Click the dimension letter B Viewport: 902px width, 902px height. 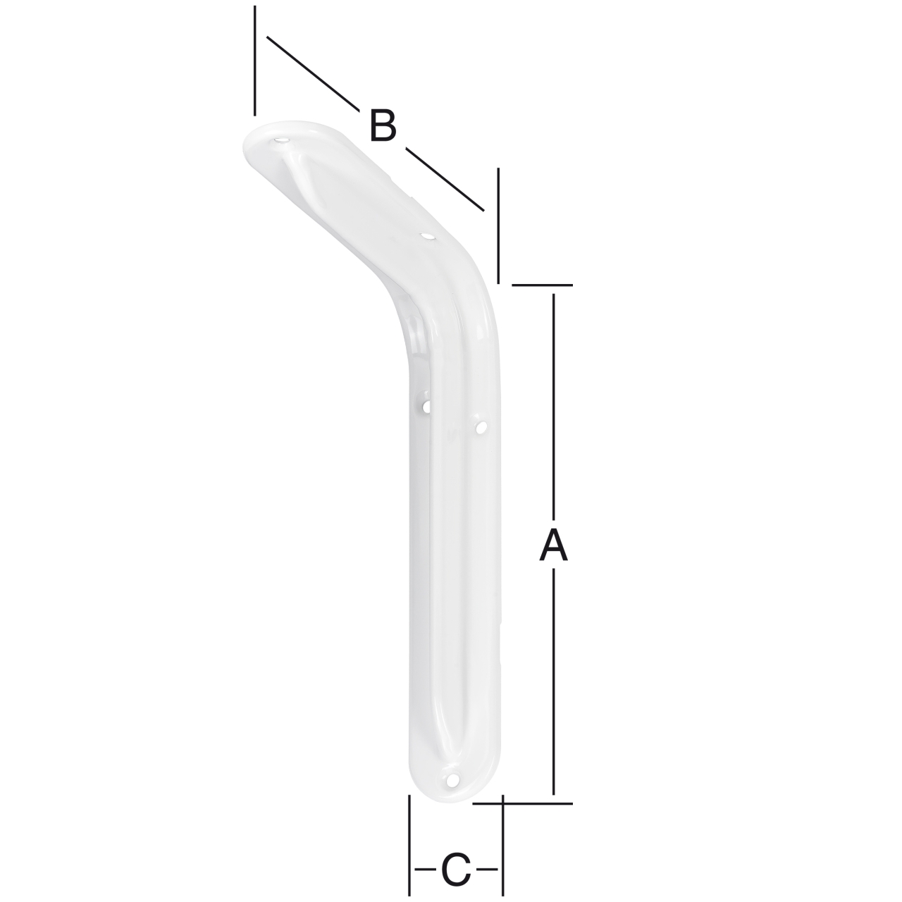click(383, 126)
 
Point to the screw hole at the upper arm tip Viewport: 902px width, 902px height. click(281, 142)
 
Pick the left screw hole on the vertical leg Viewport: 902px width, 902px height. click(427, 405)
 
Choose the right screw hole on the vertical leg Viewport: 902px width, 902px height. click(481, 427)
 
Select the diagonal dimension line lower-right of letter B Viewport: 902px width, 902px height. click(445, 179)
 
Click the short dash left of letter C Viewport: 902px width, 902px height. click(425, 870)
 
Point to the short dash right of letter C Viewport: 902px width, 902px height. click(487, 870)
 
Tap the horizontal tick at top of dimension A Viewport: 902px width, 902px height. click(543, 285)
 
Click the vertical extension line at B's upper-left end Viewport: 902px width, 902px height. click(255, 61)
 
